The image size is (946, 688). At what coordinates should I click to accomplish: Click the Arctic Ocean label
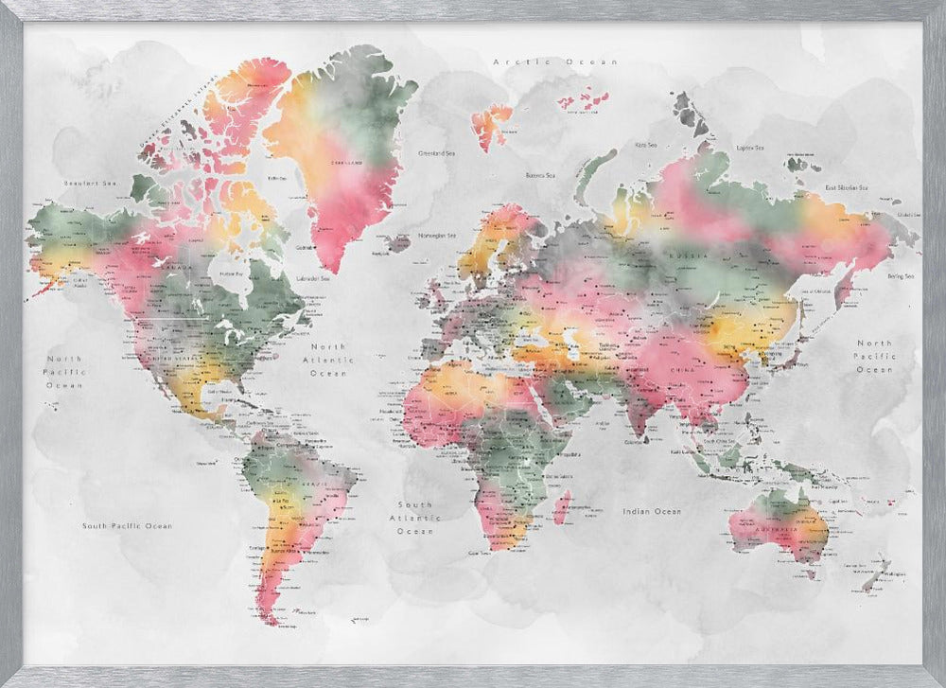coord(555,62)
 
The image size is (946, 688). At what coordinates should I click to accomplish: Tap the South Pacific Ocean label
coord(127,525)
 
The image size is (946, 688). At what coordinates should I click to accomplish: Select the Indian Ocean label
coord(651,511)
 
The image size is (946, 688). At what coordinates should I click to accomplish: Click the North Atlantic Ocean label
coord(328,360)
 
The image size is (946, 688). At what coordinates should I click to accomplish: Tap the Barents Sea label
coord(540,175)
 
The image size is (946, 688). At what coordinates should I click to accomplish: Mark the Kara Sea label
coord(646,145)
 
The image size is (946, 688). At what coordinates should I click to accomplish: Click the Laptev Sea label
coord(749,148)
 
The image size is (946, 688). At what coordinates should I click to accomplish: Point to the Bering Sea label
coord(900,276)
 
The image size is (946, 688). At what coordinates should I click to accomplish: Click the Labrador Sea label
coord(312,278)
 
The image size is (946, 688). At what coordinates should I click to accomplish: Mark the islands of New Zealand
coord(878,574)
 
